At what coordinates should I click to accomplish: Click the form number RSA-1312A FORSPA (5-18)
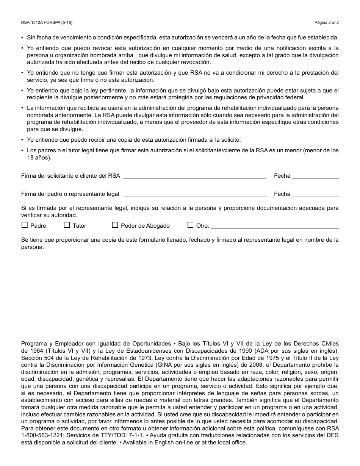(47, 22)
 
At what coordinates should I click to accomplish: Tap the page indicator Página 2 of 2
(327, 22)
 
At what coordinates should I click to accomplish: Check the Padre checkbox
(25, 225)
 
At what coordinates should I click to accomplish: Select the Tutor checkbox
(67, 225)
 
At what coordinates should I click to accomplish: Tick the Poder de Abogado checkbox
(115, 225)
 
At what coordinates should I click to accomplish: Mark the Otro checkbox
(191, 225)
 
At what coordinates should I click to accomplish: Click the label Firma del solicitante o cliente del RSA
(70, 176)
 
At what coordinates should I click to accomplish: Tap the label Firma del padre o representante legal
(70, 194)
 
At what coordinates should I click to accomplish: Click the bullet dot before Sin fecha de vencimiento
(22, 38)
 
